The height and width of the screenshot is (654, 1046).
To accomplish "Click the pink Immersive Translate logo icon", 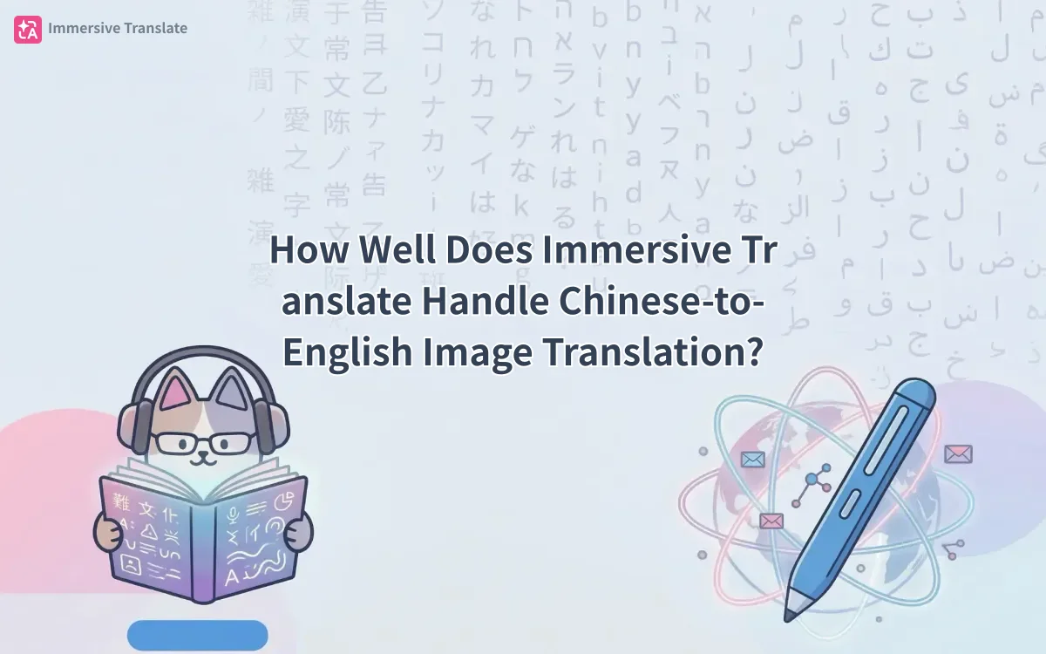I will click(27, 29).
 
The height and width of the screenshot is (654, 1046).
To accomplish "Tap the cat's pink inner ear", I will click(178, 394).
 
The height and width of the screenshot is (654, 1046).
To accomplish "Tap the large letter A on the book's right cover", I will click(233, 576).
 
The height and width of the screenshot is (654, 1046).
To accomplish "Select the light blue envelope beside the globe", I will click(751, 460).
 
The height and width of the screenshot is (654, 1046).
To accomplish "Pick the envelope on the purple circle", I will click(958, 453).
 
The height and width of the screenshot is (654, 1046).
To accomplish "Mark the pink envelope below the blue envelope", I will click(771, 521).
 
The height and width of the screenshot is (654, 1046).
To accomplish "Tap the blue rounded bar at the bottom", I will click(197, 635).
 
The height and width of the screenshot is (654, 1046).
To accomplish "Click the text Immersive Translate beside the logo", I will click(118, 28).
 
